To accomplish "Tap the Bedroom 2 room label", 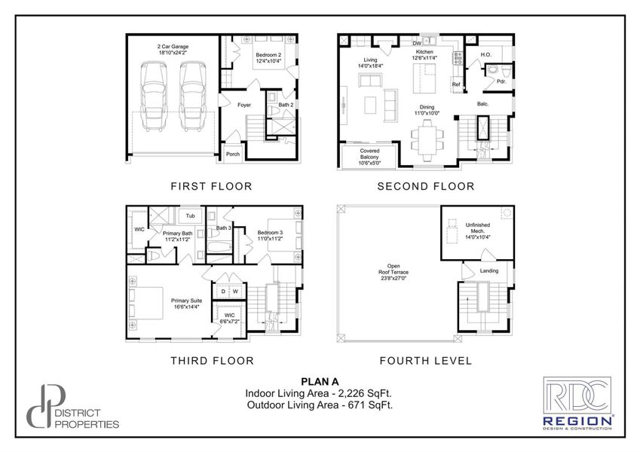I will (268, 58).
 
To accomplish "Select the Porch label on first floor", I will (233, 154).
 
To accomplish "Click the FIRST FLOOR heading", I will (211, 186).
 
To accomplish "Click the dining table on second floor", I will (426, 139).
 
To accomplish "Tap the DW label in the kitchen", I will (415, 43).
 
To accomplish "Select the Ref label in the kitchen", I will (456, 84).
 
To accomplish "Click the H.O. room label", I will (486, 53).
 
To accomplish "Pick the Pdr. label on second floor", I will (501, 81).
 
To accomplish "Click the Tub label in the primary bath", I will (191, 215).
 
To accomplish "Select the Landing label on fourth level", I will (489, 270).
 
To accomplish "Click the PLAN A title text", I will (320, 381).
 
